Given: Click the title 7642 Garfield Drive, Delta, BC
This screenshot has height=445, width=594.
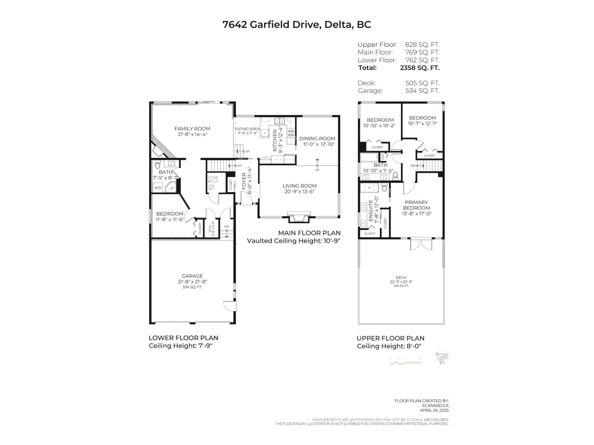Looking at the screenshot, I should (297, 24).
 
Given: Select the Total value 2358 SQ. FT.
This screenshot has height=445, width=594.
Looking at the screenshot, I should (420, 68).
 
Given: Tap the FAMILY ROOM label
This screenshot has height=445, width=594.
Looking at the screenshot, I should (192, 129).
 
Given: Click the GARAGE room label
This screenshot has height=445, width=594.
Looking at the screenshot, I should (192, 276).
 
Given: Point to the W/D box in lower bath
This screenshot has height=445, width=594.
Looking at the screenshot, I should (158, 188).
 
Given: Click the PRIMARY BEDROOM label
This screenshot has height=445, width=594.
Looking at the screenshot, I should (416, 205).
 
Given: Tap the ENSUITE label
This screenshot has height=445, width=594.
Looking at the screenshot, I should (371, 211).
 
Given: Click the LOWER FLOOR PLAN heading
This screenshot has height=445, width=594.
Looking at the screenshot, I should (183, 338).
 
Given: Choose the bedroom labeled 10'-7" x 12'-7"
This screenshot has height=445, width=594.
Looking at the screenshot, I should (422, 121).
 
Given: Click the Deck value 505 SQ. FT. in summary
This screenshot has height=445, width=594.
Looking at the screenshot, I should (422, 83).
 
